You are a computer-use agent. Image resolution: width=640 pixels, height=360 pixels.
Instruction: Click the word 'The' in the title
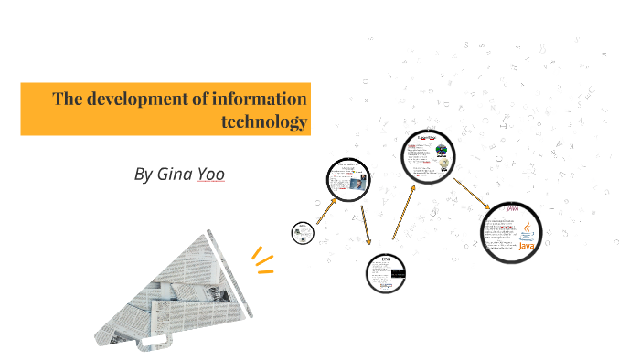tap(69, 99)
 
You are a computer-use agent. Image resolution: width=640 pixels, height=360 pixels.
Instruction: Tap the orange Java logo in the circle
tap(528, 239)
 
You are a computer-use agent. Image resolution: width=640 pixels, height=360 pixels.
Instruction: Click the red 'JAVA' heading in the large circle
tap(511, 209)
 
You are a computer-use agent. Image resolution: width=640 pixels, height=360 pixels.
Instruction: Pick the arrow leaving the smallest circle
tap(324, 213)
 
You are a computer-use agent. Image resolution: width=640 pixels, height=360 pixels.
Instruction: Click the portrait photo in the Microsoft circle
tap(355, 182)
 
